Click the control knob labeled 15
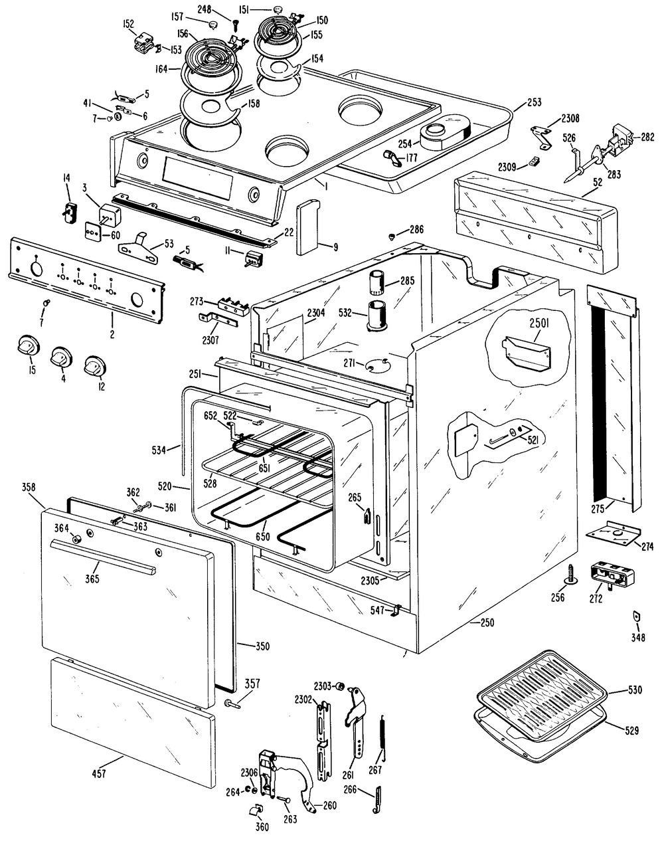(x=27, y=346)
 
